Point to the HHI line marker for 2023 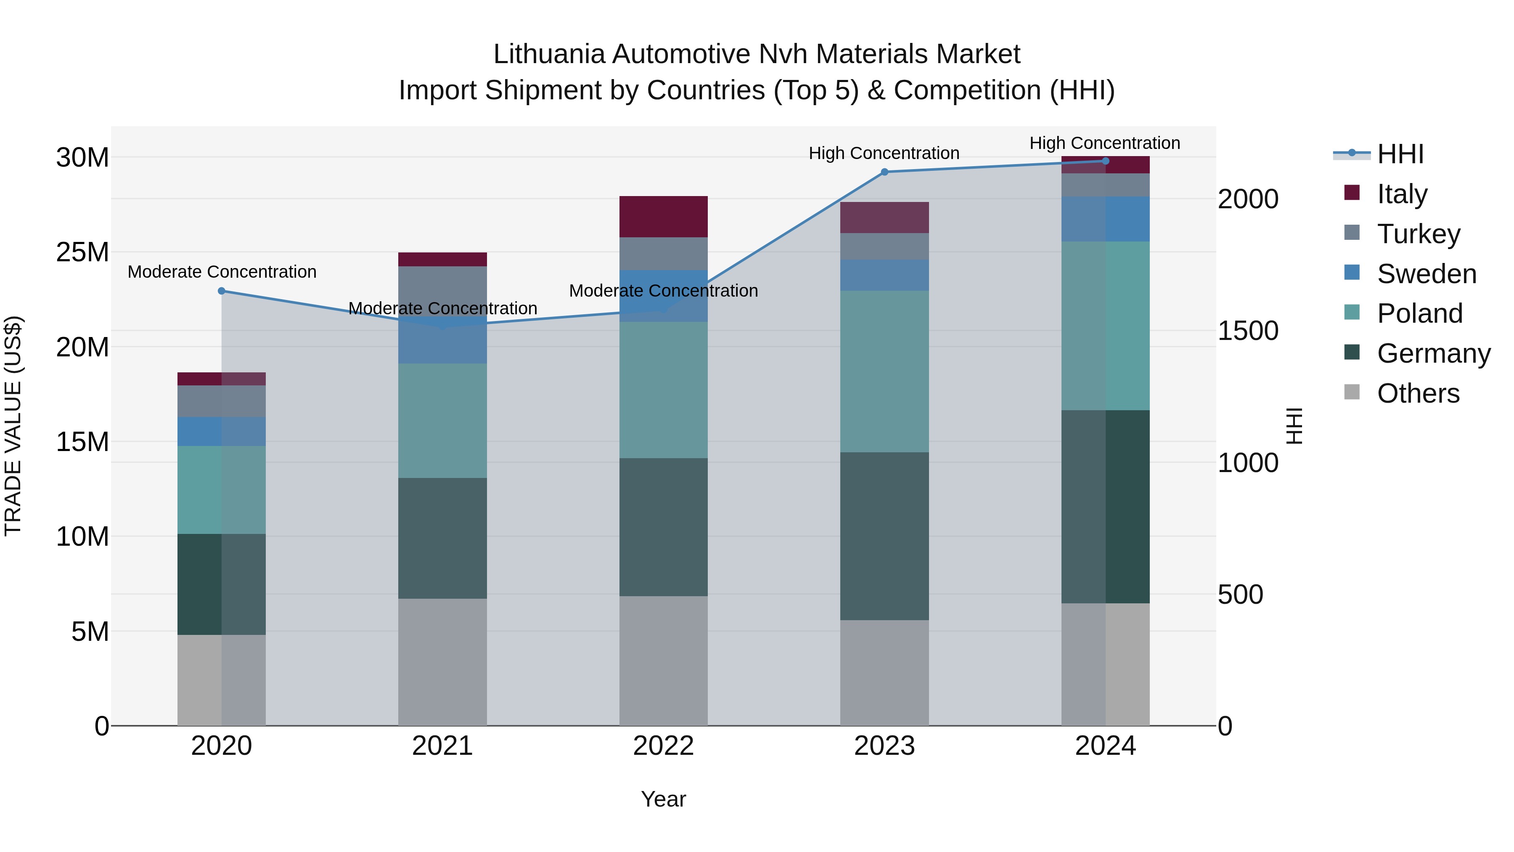[884, 172]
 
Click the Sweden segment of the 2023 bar [884, 275]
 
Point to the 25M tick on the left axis [82, 252]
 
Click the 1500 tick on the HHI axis [1247, 331]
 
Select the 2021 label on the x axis [442, 746]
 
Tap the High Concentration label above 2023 [884, 154]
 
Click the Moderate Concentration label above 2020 [222, 272]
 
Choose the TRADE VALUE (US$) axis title [13, 426]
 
